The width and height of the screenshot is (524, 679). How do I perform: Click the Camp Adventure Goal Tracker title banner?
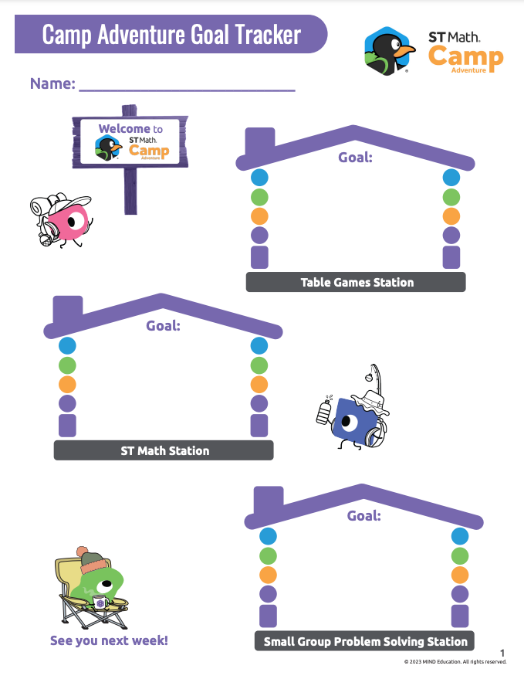pyautogui.click(x=171, y=35)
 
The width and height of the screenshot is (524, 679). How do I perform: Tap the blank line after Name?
pyautogui.click(x=187, y=84)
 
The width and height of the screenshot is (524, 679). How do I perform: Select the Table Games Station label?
pyautogui.click(x=356, y=282)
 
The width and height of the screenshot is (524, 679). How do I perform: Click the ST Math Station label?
pyautogui.click(x=164, y=450)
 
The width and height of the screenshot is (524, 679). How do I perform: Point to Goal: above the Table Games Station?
pyautogui.click(x=355, y=158)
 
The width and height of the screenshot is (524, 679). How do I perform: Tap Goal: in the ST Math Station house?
pyautogui.click(x=163, y=326)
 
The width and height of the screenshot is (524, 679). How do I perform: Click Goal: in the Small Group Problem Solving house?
pyautogui.click(x=363, y=515)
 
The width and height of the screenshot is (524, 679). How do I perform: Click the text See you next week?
pyautogui.click(x=109, y=640)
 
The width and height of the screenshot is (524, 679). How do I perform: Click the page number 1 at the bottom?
pyautogui.click(x=502, y=653)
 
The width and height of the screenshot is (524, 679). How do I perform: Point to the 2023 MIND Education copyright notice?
pyautogui.click(x=455, y=662)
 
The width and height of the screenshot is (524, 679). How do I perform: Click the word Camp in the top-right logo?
pyautogui.click(x=465, y=56)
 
